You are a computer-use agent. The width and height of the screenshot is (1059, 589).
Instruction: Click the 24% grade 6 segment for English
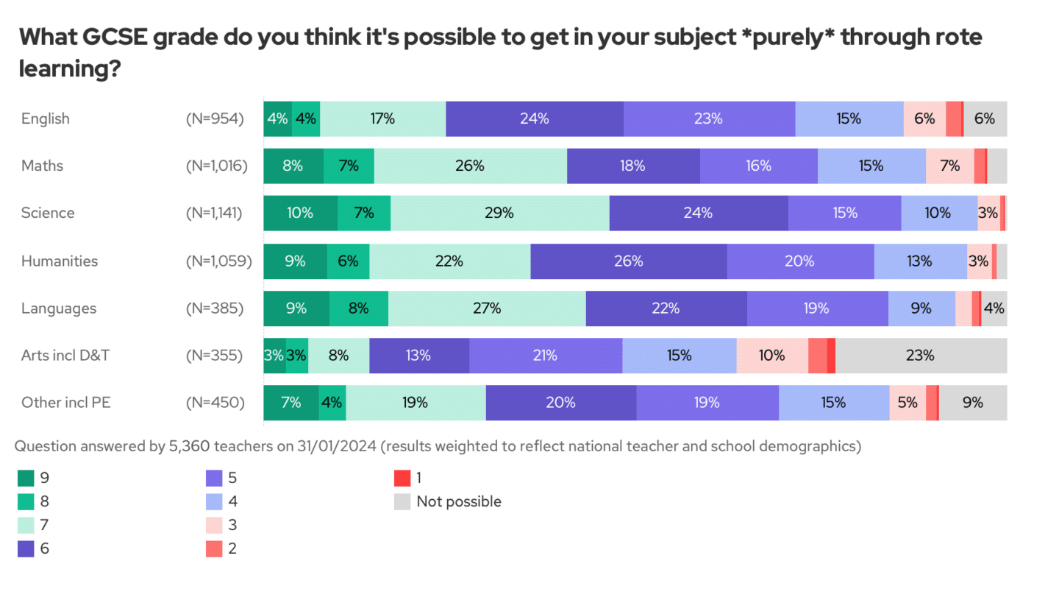535,119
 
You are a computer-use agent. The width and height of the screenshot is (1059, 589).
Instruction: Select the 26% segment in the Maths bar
470,166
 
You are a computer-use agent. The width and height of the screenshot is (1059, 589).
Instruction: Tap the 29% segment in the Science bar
499,213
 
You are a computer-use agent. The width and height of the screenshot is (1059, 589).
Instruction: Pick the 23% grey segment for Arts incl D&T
921,356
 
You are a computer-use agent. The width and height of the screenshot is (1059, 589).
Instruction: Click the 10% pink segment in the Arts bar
771,356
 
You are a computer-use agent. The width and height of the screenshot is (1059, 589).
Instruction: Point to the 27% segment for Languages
487,308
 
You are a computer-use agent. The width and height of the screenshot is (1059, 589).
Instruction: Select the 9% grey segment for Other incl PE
973,403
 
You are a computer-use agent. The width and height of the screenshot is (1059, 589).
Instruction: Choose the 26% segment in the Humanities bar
629,261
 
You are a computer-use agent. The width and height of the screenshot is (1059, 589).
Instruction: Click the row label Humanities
60,261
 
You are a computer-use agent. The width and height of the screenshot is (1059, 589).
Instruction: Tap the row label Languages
59,308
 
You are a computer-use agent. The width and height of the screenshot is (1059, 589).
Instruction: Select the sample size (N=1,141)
214,213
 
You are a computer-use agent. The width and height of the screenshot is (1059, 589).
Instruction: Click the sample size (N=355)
214,356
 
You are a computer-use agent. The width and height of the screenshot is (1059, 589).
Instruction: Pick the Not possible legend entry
459,501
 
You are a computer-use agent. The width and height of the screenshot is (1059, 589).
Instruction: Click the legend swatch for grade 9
26,478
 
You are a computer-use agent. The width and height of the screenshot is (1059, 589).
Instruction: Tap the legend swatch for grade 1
402,478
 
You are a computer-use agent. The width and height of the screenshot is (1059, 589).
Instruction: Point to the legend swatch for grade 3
214,525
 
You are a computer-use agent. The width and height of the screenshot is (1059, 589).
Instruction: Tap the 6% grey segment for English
985,119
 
